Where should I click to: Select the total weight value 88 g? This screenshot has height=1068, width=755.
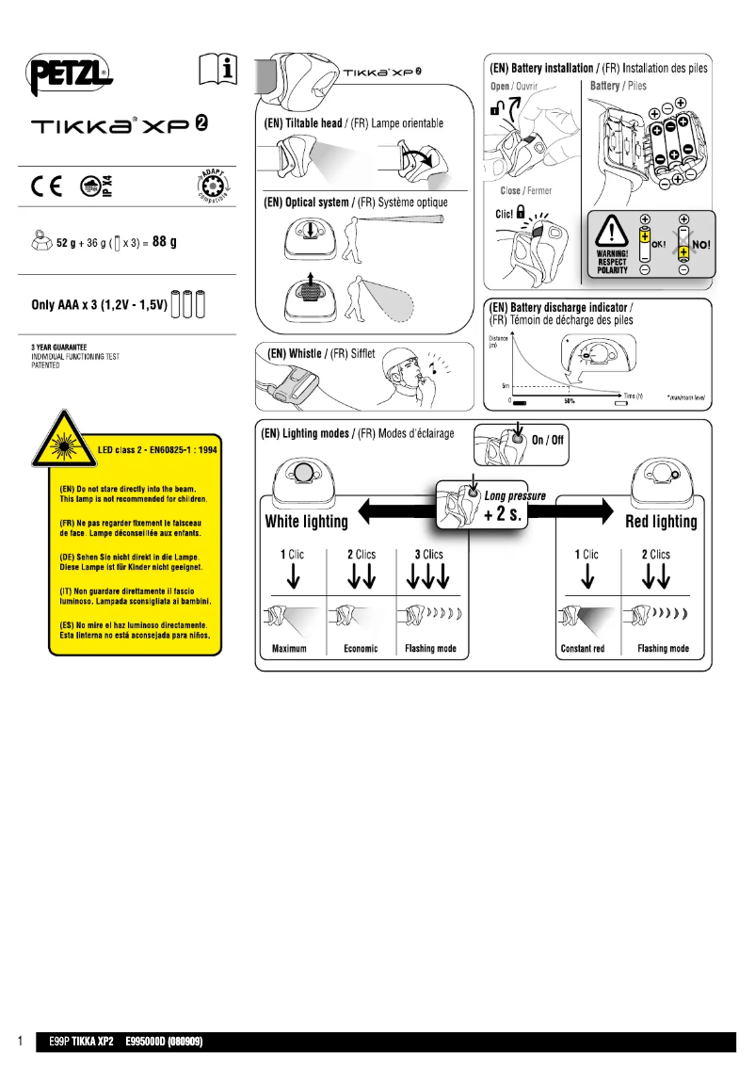coord(165,242)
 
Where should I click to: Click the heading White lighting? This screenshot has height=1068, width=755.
coord(306,521)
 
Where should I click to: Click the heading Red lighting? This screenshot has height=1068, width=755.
coord(661,522)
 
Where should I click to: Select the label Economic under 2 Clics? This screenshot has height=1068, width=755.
coord(361,648)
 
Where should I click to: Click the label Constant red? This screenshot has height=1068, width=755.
coord(583,648)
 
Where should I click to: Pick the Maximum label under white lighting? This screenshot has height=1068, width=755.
coord(290,648)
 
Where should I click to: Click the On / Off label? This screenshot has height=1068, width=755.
coord(548,440)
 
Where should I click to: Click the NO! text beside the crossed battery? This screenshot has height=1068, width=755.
coord(700,242)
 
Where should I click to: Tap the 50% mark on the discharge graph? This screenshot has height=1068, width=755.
coord(569,401)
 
